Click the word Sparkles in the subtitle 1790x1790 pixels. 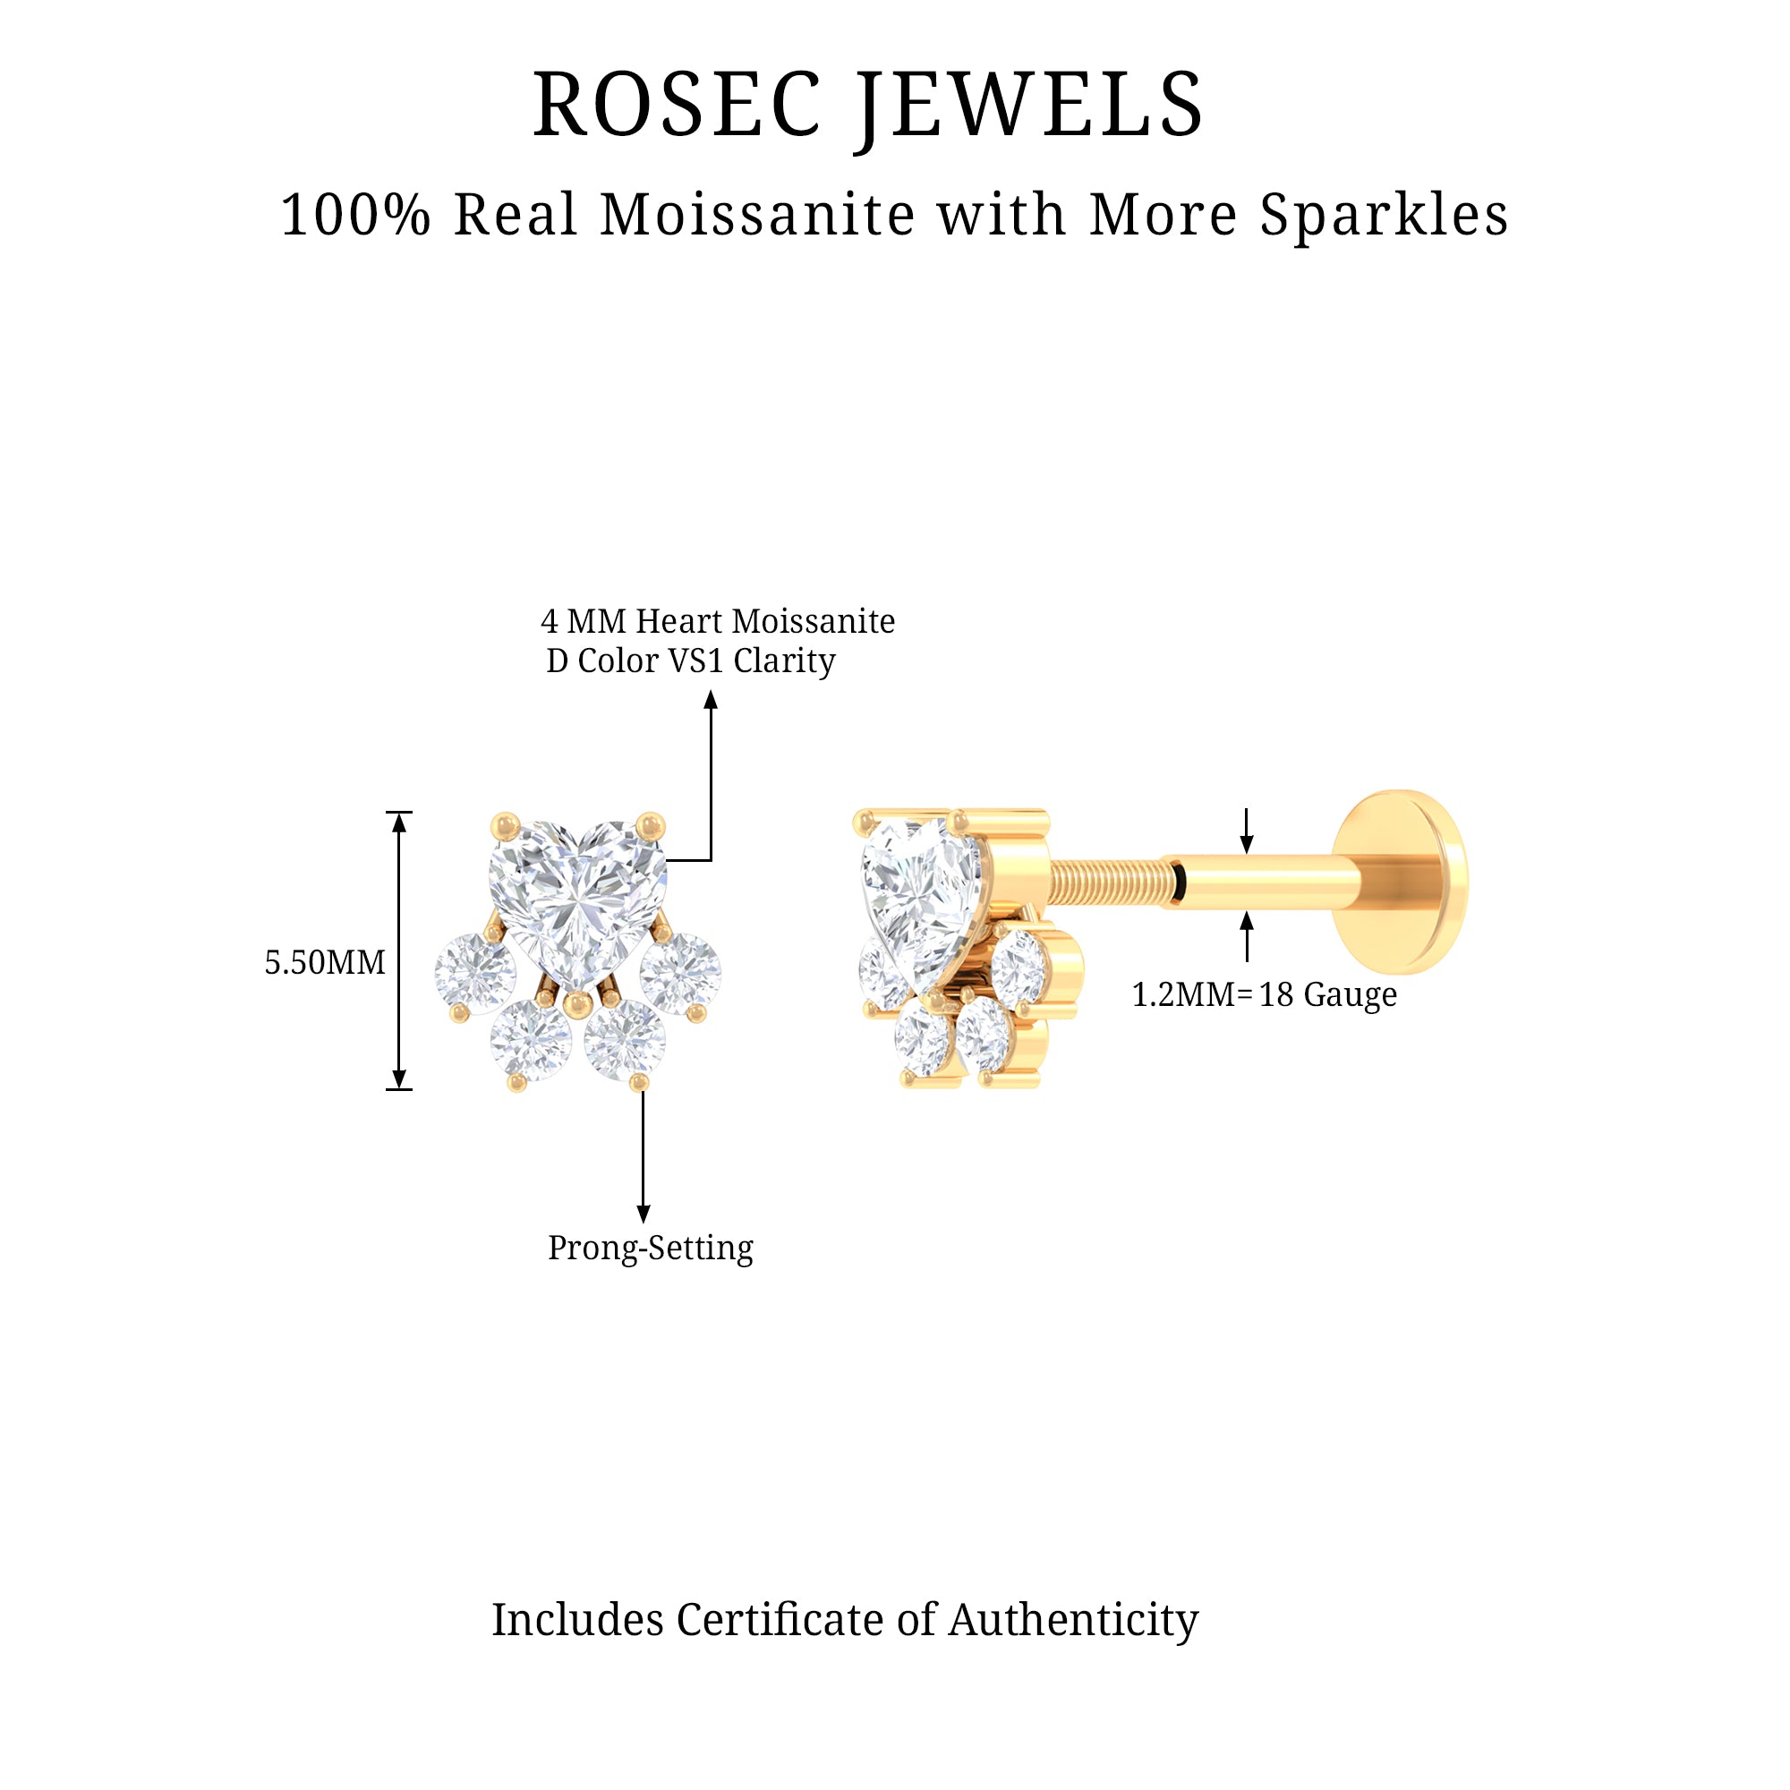coord(1384,215)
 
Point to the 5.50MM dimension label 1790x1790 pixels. coord(324,963)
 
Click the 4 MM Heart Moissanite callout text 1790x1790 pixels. coord(717,621)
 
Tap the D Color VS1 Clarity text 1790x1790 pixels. coord(690,661)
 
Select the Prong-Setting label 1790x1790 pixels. coord(651,1247)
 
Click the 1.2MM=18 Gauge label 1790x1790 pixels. coord(1264,994)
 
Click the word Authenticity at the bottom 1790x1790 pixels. coord(1073,1618)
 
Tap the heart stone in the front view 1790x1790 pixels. coord(576,894)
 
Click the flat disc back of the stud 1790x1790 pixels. coord(1401,881)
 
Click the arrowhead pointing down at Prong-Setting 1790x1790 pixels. coord(643,1213)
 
